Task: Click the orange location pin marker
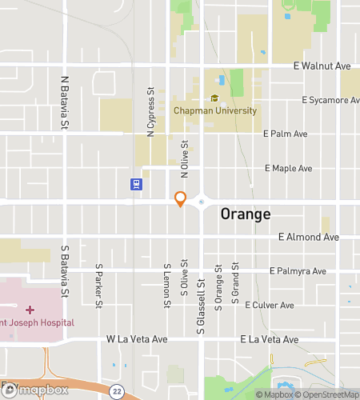[181, 199]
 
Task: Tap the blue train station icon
[137, 185]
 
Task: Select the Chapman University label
[214, 112]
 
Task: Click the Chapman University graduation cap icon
[214, 98]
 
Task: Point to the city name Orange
[245, 214]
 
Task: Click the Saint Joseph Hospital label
[37, 322]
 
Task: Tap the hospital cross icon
[30, 309]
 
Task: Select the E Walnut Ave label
[322, 66]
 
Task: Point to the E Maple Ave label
[288, 169]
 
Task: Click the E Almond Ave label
[309, 238]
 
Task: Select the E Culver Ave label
[270, 306]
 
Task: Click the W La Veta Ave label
[137, 340]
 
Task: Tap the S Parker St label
[99, 286]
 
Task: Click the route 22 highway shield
[117, 390]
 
